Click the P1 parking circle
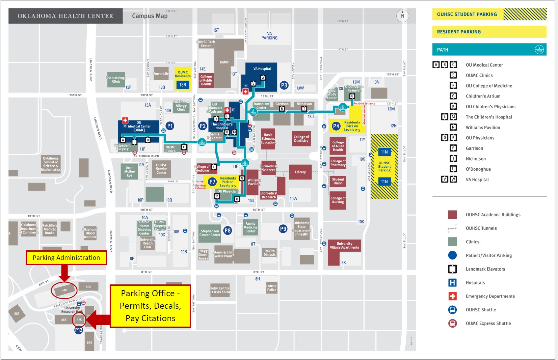coord(170,126)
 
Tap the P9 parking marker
coord(283,229)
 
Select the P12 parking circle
coord(79,330)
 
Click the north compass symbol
coord(402,16)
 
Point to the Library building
coord(300,172)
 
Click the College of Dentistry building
coord(301,139)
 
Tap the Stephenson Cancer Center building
coord(210,233)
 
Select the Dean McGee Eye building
coord(130,171)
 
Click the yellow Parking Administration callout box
coord(66,258)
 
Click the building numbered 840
coord(64,290)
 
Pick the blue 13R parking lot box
coord(183,85)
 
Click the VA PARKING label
coord(269,36)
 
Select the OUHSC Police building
coord(271,287)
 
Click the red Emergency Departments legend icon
coord(452,296)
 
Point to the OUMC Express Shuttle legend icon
coord(452,323)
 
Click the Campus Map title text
coord(150,16)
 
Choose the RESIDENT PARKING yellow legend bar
coord(489,32)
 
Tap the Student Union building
coord(338,182)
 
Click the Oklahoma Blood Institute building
coord(90,233)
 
